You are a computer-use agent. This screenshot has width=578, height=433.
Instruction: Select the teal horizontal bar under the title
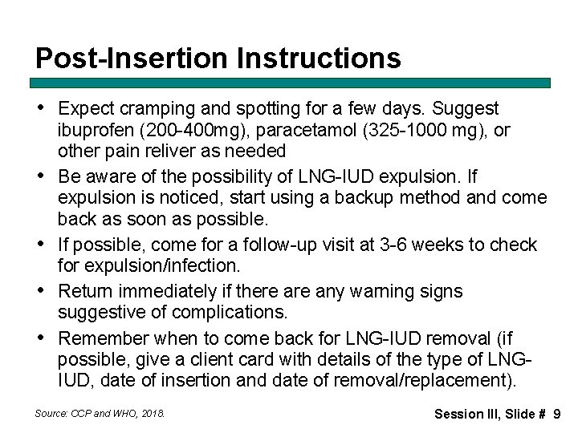click(291, 83)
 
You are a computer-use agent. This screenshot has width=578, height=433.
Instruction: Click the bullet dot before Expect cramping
click(40, 108)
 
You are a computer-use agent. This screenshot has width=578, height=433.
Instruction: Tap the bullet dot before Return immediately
click(40, 291)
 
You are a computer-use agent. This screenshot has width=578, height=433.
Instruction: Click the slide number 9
click(556, 414)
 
